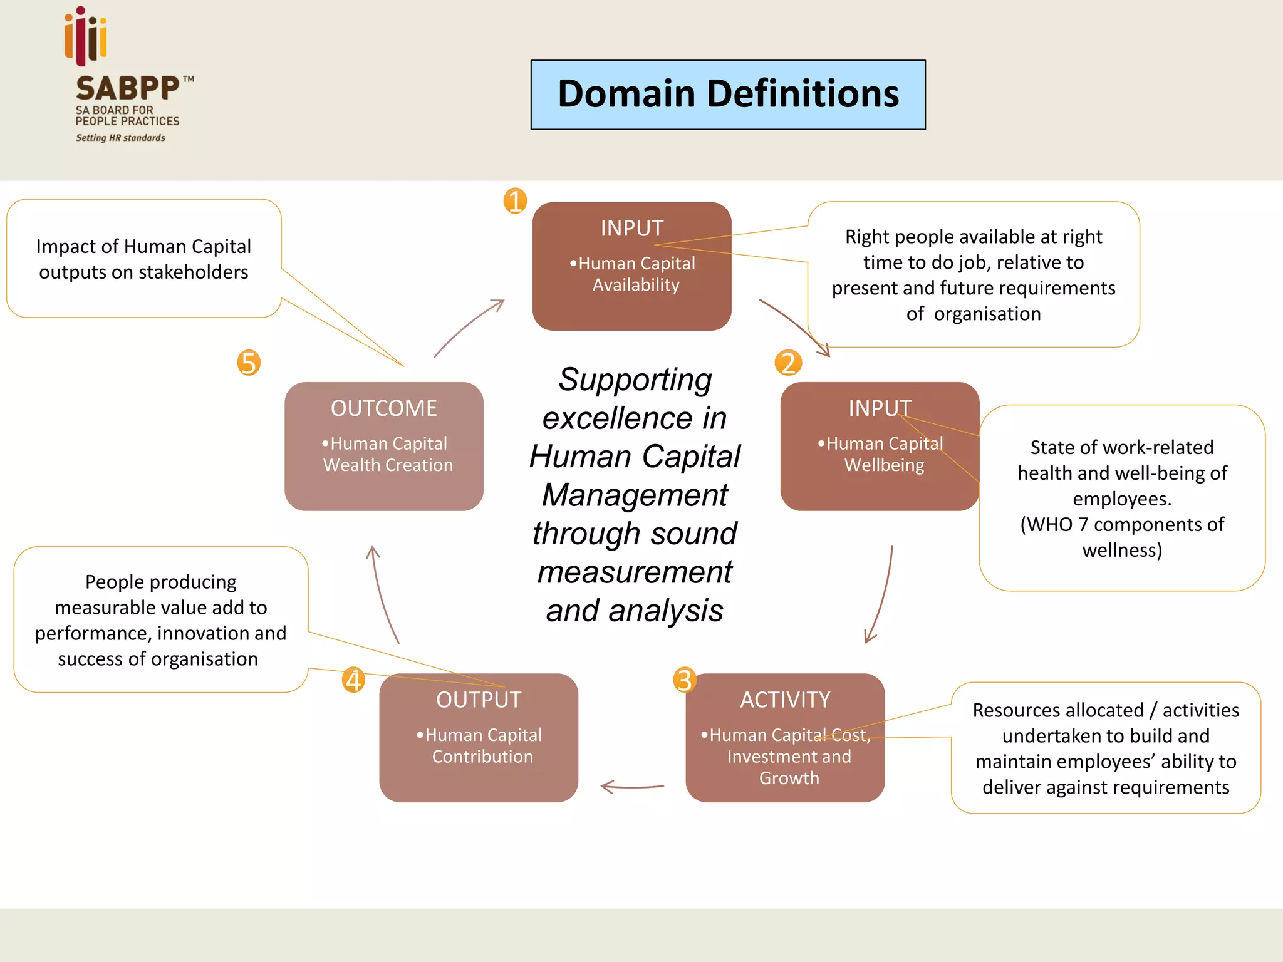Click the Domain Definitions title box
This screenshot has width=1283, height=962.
pos(728,95)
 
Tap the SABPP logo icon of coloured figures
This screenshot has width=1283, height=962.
pos(86,36)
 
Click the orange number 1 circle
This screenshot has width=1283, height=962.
pos(515,201)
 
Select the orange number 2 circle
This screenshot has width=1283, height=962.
pos(788,363)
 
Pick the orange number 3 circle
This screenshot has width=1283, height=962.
pos(684,680)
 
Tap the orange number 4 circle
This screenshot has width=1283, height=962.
pos(353,680)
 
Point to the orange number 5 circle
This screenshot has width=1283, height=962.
pos(249,363)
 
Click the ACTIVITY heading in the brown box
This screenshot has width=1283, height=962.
pos(785,700)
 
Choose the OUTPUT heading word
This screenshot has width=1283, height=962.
pos(479,700)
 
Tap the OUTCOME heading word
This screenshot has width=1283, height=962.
pos(383,408)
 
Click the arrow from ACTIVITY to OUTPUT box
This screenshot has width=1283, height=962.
pos(631,786)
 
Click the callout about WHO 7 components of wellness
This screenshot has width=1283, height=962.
pos(1121,498)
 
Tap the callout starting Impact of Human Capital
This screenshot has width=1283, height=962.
pos(143,259)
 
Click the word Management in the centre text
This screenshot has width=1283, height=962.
pos(634,495)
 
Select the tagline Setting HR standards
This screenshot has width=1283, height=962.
pos(120,138)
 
